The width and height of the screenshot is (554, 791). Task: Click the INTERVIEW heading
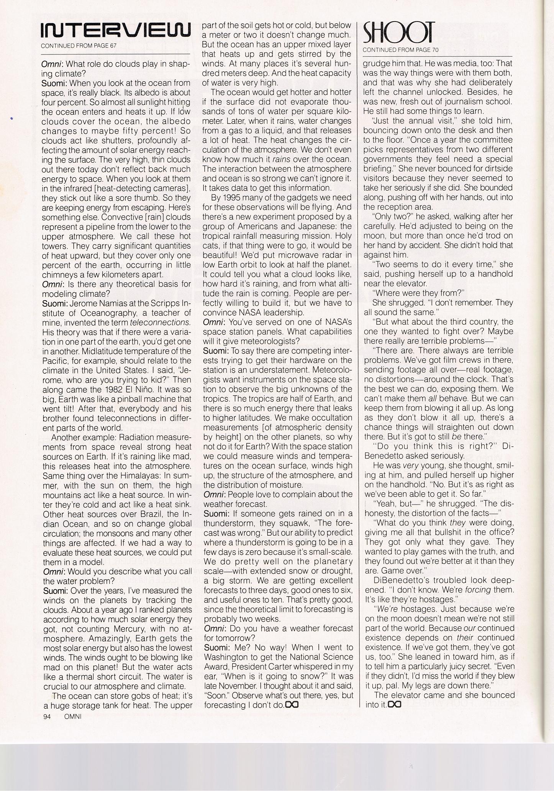115,31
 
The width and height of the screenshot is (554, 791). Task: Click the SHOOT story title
398,32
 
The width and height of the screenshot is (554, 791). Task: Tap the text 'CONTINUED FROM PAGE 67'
79,46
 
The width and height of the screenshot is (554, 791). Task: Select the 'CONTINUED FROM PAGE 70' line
400,49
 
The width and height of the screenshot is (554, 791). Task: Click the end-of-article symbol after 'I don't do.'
292,705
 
